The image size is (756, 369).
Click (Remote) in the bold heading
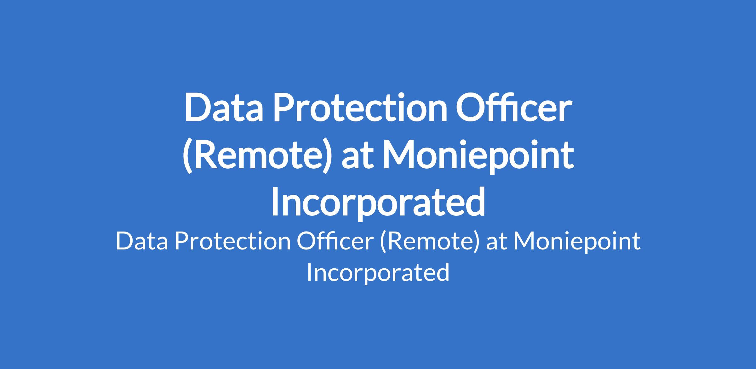click(x=257, y=156)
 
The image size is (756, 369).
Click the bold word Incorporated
click(x=378, y=203)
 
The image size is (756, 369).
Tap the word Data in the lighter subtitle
click(x=142, y=242)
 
